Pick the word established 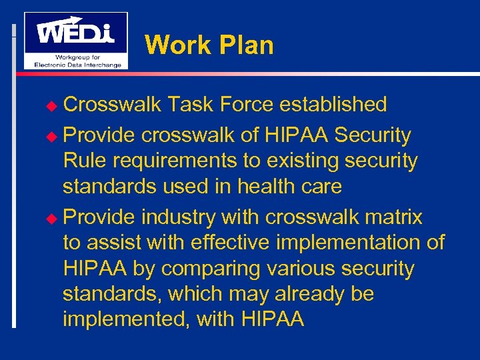pos(333,105)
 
